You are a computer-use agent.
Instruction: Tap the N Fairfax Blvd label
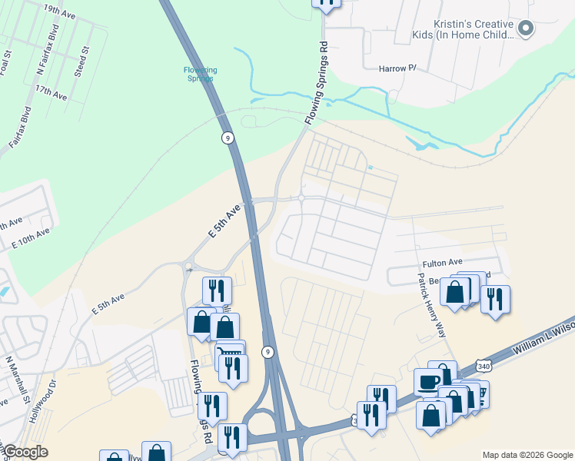click(x=47, y=53)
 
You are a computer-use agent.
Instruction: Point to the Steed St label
click(x=81, y=61)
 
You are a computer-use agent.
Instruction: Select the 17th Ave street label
click(x=51, y=93)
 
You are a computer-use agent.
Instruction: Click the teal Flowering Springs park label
click(x=200, y=75)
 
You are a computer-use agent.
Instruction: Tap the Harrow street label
click(x=397, y=68)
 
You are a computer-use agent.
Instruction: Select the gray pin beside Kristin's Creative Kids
click(x=526, y=29)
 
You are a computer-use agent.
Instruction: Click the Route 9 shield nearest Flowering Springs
click(x=227, y=138)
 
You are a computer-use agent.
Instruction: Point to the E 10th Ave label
click(x=31, y=237)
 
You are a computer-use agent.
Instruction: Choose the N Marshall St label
click(x=17, y=380)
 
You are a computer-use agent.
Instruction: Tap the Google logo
click(x=25, y=452)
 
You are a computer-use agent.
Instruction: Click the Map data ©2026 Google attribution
click(x=527, y=455)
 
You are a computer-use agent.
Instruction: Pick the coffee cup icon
click(x=428, y=380)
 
